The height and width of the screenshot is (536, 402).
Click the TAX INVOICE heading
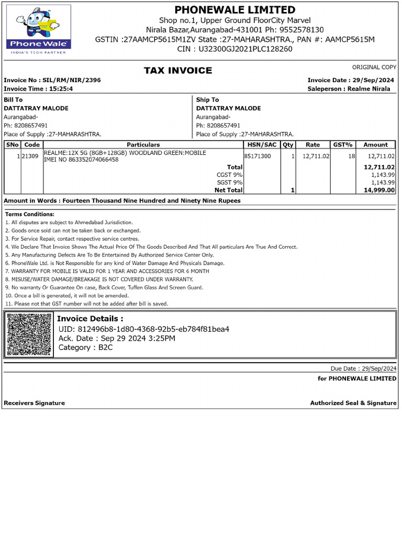[178, 71]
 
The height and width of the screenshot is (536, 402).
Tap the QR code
[30, 335]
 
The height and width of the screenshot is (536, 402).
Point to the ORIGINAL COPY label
[374, 68]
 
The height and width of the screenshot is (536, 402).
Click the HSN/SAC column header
[262, 144]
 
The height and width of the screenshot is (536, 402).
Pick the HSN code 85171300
[258, 156]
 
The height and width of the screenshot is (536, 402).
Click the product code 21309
[30, 156]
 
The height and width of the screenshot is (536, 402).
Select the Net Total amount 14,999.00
[379, 191]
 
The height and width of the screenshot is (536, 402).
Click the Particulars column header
[143, 144]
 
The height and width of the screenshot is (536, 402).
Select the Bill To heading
[13, 99]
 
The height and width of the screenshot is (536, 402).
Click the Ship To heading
[207, 99]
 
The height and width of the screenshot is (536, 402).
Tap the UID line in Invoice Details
[143, 329]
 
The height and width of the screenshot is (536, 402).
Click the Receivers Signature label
[34, 403]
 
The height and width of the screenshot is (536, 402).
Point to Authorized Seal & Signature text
[353, 403]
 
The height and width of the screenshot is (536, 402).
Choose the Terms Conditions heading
[30, 214]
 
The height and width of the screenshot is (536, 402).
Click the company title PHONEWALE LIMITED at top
[234, 10]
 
